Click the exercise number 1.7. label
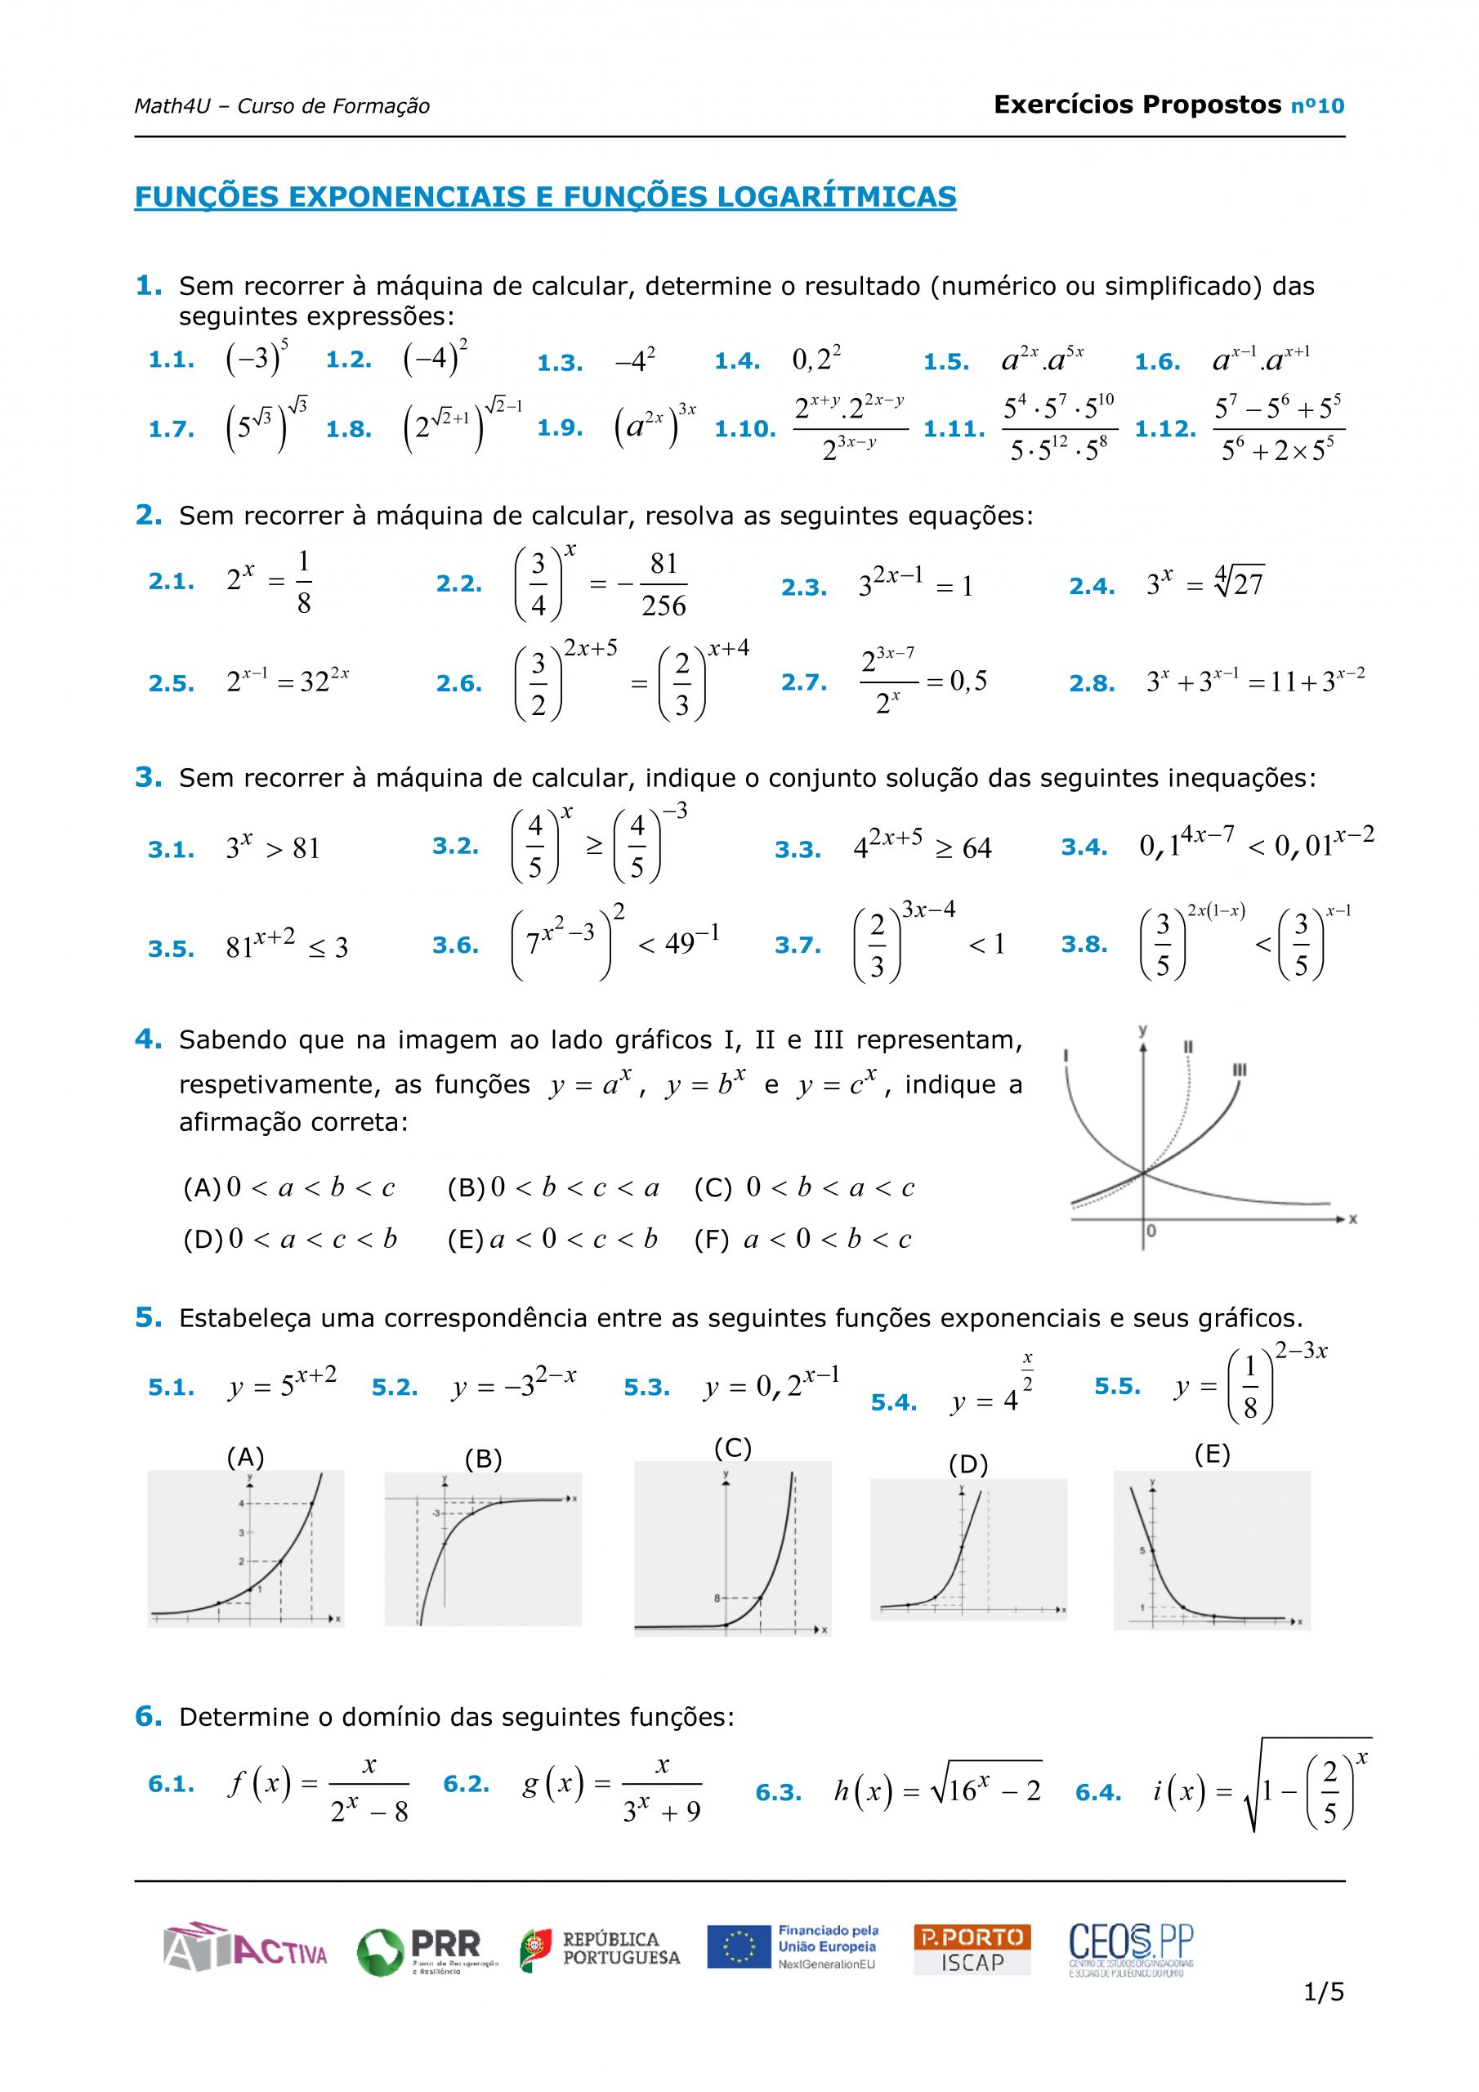172,429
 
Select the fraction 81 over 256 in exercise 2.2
664,585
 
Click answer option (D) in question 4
290,1239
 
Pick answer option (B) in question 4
553,1188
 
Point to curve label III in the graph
1240,1070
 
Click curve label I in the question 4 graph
1066,1055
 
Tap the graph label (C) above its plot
733,1448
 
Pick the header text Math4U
172,106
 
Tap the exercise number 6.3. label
778,1793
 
